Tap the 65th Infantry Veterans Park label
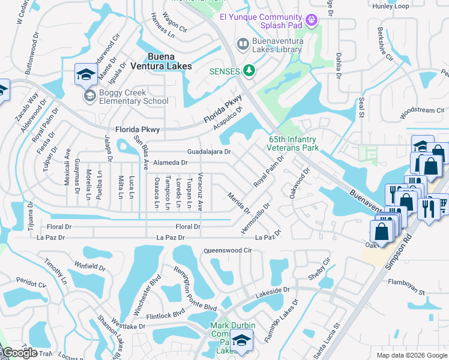pos(293,143)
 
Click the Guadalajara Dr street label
pos(209,152)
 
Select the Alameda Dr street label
pos(170,163)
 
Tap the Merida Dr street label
pos(239,203)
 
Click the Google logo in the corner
pos(19,353)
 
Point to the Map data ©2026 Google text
pos(411,355)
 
